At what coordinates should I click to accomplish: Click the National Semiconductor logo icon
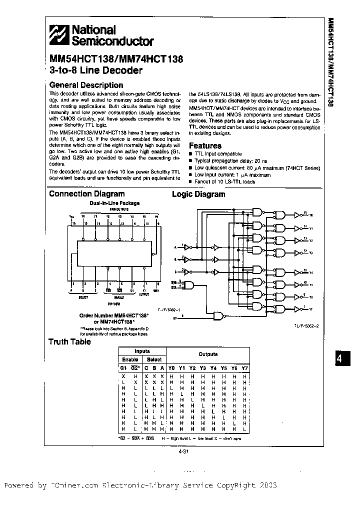[x=60, y=35]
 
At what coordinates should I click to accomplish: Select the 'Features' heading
[x=205, y=145]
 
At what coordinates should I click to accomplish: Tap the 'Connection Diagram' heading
[x=87, y=194]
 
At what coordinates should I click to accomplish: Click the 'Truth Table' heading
[x=69, y=342]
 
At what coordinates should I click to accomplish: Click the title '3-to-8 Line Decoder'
[x=96, y=70]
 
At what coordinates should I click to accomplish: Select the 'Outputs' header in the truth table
[x=208, y=354]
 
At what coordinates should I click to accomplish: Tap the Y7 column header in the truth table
[x=244, y=368]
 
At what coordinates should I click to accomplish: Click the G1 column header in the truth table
[x=123, y=368]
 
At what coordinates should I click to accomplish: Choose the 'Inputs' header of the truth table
[x=142, y=351]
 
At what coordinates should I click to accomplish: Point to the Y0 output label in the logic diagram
[x=311, y=215]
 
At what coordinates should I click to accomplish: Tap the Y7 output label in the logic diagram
[x=311, y=309]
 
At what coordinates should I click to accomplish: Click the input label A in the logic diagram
[x=175, y=247]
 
